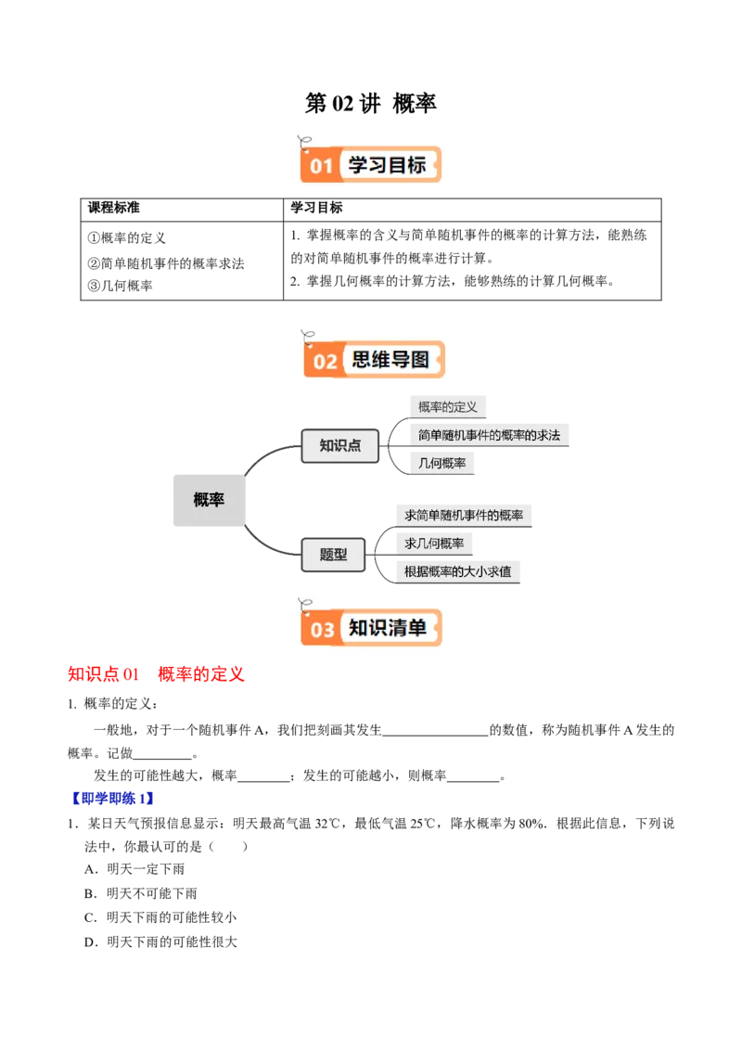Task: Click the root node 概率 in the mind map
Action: click(x=209, y=500)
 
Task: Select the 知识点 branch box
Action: click(x=339, y=445)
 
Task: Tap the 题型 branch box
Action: click(x=334, y=555)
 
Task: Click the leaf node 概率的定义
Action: click(x=448, y=406)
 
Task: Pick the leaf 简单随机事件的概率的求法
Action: click(x=489, y=434)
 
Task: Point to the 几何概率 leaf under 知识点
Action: click(x=442, y=463)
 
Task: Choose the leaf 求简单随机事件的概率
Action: click(x=464, y=515)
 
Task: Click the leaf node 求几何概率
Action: click(x=434, y=543)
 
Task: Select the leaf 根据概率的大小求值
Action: click(x=458, y=571)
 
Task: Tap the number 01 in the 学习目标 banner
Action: click(x=321, y=167)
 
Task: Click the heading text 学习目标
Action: click(x=388, y=165)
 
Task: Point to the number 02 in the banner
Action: click(x=325, y=361)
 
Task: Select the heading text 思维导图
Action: click(x=390, y=359)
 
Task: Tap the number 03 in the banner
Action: click(x=322, y=631)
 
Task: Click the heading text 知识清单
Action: click(x=388, y=628)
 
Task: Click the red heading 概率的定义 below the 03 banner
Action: click(x=200, y=673)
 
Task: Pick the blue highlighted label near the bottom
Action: click(x=112, y=798)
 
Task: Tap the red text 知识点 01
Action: click(x=102, y=673)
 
